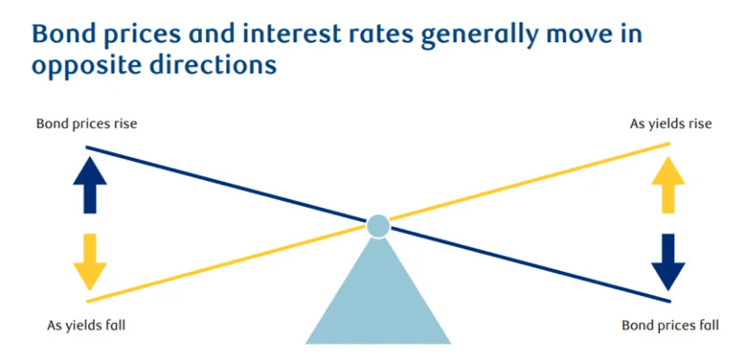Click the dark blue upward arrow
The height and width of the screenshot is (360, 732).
tap(90, 184)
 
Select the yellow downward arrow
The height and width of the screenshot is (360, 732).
tap(90, 262)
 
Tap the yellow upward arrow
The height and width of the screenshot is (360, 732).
tap(668, 184)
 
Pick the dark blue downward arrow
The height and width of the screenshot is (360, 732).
tap(668, 262)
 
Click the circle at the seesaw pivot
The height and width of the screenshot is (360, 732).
tap(378, 226)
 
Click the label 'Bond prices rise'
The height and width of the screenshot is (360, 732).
tap(86, 125)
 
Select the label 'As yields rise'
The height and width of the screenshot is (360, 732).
tap(671, 124)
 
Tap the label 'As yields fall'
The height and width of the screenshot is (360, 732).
tap(86, 326)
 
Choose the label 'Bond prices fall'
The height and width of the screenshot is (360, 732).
tap(670, 326)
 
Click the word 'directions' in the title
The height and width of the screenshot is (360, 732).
tap(212, 65)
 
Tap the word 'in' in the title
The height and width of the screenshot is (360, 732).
tap(635, 35)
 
